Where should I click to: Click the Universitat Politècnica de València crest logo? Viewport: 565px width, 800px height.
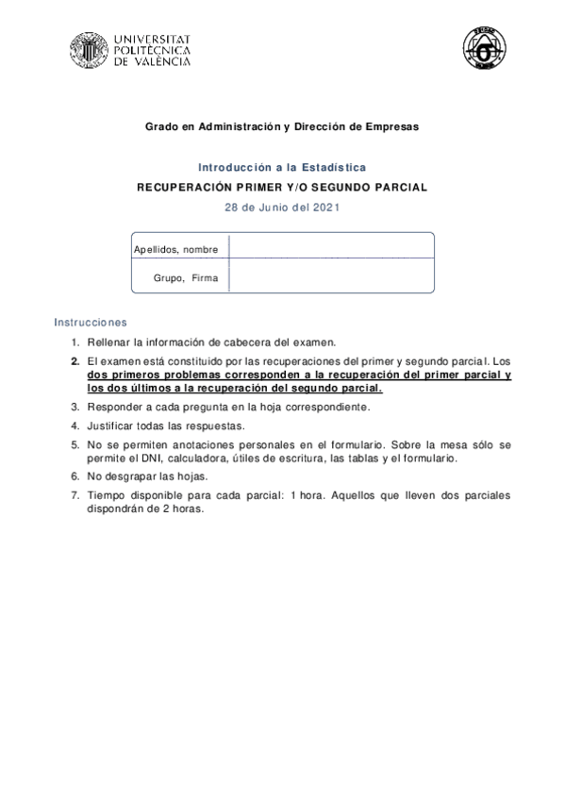click(89, 49)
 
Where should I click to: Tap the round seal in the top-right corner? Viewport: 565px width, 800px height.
click(483, 48)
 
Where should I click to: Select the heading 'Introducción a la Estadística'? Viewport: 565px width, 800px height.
click(282, 167)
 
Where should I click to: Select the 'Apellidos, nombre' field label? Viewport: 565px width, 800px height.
click(176, 250)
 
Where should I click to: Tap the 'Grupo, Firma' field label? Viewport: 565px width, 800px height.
click(186, 279)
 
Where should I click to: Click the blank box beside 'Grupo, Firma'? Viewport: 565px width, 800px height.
click(331, 279)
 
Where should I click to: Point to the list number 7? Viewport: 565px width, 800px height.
click(75, 495)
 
